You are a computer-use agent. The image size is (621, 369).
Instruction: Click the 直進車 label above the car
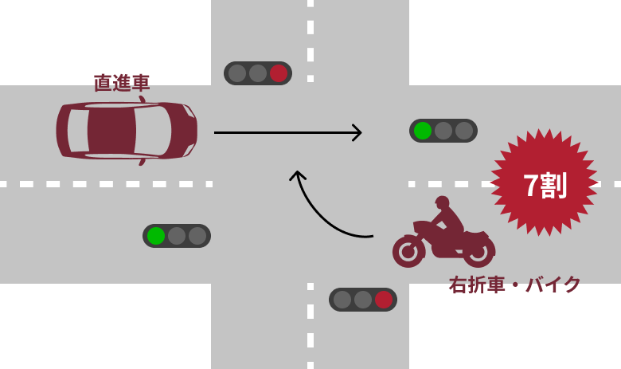(x=122, y=83)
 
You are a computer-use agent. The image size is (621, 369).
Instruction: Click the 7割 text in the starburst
(x=545, y=185)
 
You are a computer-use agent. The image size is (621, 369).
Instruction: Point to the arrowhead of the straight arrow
(x=357, y=133)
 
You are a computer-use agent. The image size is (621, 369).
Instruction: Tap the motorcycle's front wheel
(x=408, y=251)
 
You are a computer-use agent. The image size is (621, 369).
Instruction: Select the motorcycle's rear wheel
(x=478, y=251)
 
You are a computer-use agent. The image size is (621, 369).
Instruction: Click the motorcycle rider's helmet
(x=443, y=202)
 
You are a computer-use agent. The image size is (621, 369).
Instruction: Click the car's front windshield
(x=153, y=131)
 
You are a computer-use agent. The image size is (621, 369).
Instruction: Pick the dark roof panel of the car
(x=111, y=131)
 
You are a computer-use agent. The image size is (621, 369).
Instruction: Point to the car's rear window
(x=78, y=131)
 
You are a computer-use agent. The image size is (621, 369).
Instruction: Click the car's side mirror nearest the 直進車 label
(x=142, y=99)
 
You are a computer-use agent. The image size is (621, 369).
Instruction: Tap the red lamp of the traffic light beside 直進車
(x=279, y=73)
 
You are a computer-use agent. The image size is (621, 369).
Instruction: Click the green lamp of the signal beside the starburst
(x=423, y=131)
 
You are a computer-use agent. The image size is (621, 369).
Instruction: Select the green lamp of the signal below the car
(x=156, y=236)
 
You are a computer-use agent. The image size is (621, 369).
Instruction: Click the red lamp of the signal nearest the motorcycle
(x=384, y=300)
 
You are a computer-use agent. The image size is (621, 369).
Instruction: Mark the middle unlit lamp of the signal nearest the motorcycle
(x=363, y=300)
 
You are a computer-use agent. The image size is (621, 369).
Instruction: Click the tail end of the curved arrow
(x=373, y=236)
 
